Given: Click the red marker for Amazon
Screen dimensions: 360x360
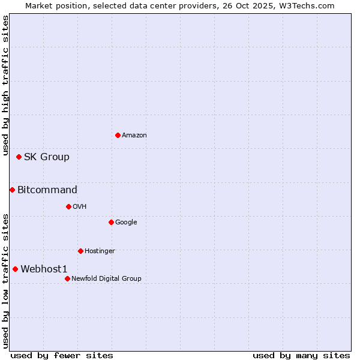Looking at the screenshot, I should (118, 135).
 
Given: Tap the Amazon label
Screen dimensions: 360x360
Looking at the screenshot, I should (134, 136).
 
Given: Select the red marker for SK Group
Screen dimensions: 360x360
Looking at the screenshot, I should (19, 157).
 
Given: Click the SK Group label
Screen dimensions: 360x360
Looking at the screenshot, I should (47, 157).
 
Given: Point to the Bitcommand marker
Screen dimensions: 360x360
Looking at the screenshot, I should (12, 190).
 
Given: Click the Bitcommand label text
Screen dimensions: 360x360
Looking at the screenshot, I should (47, 190).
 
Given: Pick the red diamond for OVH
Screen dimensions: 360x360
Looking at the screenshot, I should (68, 206).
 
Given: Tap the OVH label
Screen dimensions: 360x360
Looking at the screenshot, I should (80, 207).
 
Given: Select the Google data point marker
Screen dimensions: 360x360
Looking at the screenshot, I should (111, 222).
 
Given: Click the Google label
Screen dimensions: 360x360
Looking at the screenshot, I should (126, 223).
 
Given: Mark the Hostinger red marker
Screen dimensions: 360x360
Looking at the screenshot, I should (80, 251).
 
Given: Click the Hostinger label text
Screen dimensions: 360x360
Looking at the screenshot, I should (100, 251).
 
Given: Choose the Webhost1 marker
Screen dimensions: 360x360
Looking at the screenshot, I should (15, 269).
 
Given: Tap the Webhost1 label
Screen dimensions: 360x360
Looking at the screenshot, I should (44, 269).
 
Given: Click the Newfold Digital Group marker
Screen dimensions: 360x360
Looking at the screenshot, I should (67, 278).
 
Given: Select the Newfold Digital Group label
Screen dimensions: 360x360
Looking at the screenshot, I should (106, 278).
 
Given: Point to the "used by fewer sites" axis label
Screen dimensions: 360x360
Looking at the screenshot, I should (62, 355).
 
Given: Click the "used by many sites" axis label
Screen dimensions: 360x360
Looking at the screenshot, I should (301, 355).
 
